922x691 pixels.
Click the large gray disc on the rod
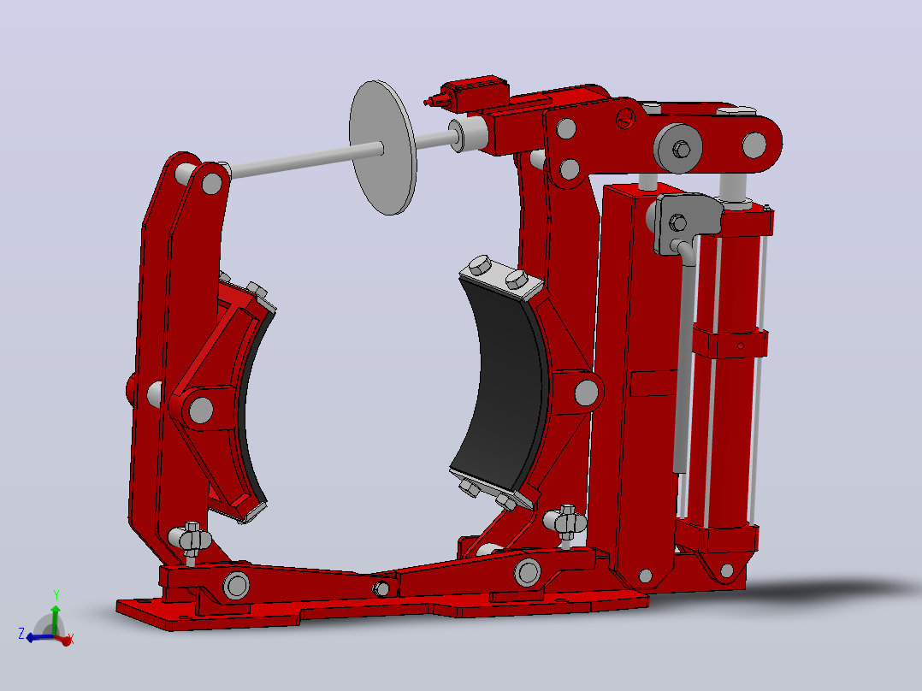pos(383,148)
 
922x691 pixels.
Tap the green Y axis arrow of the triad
pos(56,615)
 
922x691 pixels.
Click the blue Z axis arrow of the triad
pos(37,637)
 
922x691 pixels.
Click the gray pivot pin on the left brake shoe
pos(201,410)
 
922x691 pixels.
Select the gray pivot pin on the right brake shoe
pos(586,393)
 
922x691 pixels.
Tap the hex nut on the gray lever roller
pos(681,150)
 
